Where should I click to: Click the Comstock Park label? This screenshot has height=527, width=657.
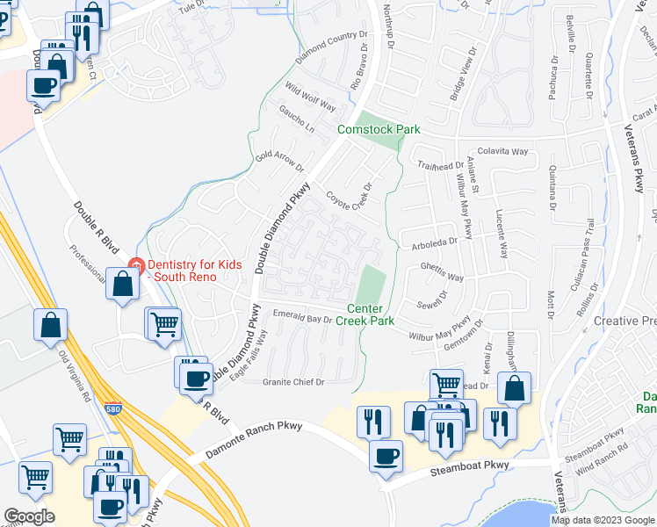coord(379,129)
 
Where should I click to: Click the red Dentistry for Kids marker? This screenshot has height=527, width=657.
coord(135,266)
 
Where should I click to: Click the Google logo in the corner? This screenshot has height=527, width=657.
coord(29,516)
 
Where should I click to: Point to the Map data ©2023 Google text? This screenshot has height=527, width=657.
coord(602,520)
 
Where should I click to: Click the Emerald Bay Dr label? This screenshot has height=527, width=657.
coord(303,318)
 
